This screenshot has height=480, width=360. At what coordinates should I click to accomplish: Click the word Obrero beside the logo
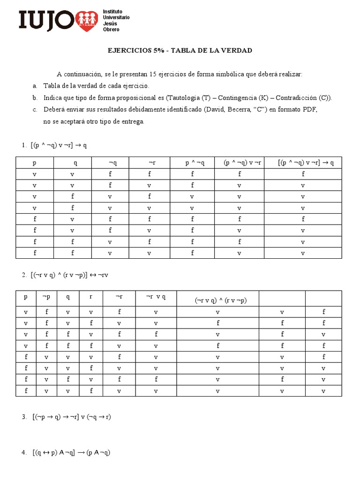(111, 30)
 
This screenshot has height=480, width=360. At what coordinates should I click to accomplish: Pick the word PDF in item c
(310, 110)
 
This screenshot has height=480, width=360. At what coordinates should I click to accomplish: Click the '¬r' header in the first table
(152, 163)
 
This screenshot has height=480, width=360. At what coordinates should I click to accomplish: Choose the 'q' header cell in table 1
(75, 163)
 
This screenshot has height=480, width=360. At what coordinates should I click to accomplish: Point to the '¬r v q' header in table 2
(156, 296)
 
